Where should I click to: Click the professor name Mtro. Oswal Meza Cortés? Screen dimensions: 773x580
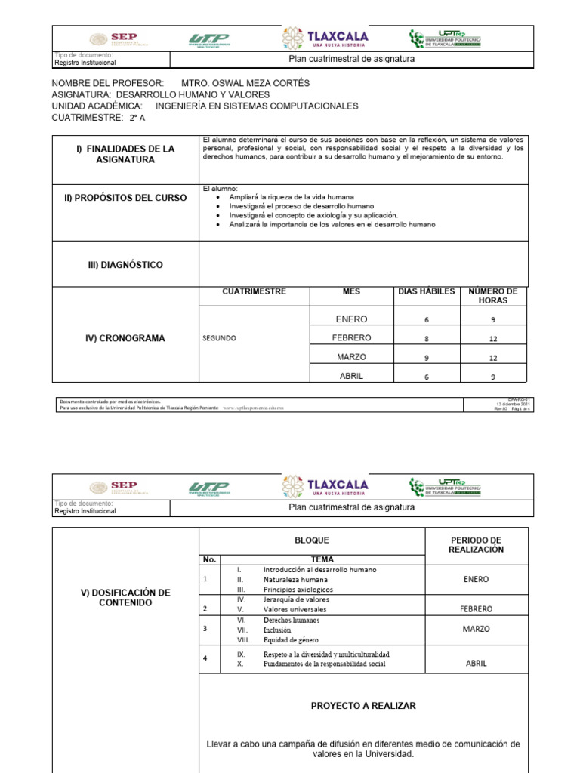(245, 83)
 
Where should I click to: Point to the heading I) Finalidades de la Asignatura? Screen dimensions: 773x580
(125, 155)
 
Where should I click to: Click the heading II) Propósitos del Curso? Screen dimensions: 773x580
(125, 198)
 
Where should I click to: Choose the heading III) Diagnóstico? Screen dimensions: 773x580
(125, 265)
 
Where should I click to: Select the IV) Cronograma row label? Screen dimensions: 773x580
(125, 338)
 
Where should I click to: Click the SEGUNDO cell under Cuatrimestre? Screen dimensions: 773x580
(218, 338)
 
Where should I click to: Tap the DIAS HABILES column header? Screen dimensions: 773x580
(427, 291)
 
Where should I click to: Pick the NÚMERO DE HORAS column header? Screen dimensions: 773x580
(492, 296)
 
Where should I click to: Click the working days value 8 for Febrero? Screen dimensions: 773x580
(427, 339)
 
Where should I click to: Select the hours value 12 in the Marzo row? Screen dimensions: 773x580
(492, 358)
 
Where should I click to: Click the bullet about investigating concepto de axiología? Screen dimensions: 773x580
(313, 215)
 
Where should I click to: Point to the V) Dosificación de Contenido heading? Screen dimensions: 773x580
(125, 598)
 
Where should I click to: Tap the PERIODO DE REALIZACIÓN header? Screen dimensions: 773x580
(476, 545)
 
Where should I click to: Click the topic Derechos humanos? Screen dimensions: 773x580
(291, 620)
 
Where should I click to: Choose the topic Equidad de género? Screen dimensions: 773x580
(291, 639)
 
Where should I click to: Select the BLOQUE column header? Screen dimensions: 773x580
(311, 540)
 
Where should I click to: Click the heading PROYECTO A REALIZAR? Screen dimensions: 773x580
(363, 706)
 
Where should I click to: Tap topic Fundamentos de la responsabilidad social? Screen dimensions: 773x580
(324, 664)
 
